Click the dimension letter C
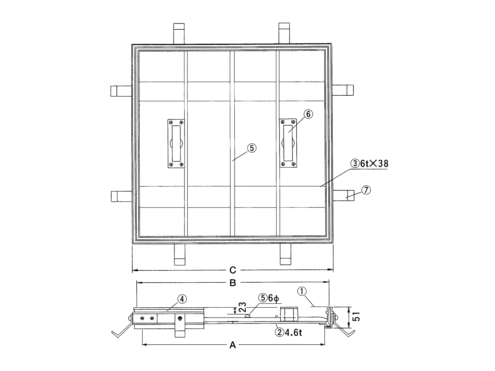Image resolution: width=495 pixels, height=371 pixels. click(x=233, y=270)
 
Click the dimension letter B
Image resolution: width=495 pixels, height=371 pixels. click(x=233, y=283)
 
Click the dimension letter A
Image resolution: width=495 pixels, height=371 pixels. click(x=233, y=345)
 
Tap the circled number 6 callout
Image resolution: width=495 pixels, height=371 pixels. click(x=308, y=114)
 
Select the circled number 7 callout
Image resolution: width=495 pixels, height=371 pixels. click(x=366, y=190)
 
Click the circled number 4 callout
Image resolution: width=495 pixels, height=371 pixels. click(x=182, y=299)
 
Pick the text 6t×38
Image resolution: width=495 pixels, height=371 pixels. click(x=374, y=164)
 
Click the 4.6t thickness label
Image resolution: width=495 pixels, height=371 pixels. click(x=293, y=332)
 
